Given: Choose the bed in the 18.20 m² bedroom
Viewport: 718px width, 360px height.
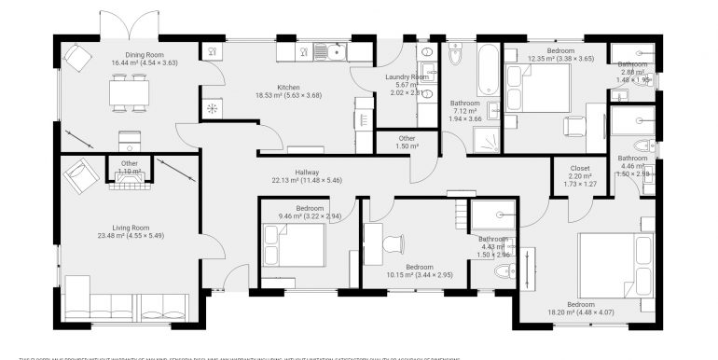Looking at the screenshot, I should tap(615, 262).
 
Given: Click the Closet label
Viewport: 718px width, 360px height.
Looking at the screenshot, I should tap(580, 168).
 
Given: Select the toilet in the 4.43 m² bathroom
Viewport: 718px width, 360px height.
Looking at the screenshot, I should tap(503, 271).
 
